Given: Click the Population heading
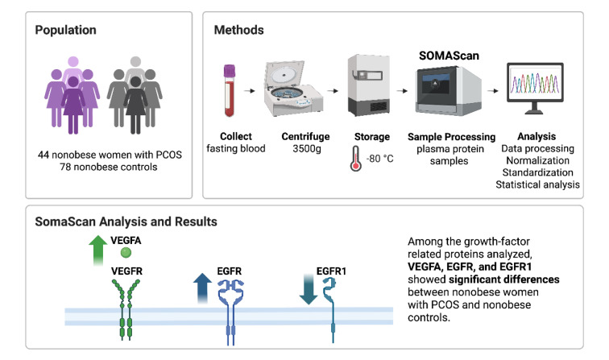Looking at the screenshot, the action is click(x=65, y=31).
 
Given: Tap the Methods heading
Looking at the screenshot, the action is click(x=239, y=30).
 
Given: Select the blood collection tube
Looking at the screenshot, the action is click(x=230, y=90).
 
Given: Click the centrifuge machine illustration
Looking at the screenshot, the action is click(x=292, y=89).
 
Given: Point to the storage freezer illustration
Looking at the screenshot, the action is click(x=369, y=85).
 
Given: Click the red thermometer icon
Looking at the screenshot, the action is click(x=356, y=159).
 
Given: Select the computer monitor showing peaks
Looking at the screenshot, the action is click(x=535, y=88).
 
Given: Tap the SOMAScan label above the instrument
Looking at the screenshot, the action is click(x=449, y=56).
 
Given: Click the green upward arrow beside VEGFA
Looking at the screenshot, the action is click(x=98, y=250).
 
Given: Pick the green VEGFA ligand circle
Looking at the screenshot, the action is click(x=126, y=253).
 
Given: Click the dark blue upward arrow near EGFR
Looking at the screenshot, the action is click(x=202, y=288).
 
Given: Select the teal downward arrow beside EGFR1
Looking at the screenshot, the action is click(x=309, y=289).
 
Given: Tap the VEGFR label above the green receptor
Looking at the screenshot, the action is click(x=126, y=271).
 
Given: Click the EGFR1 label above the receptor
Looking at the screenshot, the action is click(x=331, y=271).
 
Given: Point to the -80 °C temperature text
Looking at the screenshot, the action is click(x=379, y=159).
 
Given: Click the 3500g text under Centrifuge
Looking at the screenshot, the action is click(x=306, y=149).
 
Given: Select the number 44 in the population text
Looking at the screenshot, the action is click(x=43, y=155).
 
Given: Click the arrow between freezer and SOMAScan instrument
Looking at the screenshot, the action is click(x=402, y=91).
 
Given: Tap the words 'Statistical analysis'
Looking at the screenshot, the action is click(x=537, y=184).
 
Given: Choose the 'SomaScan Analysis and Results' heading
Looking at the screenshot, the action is click(x=126, y=221).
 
